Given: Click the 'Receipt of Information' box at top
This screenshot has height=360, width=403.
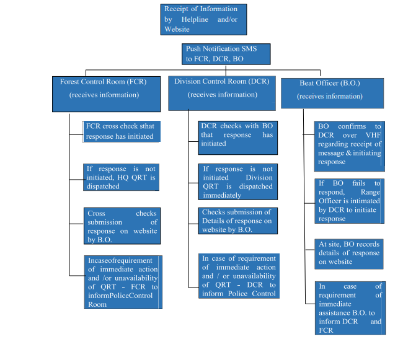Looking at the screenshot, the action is (x=203, y=19).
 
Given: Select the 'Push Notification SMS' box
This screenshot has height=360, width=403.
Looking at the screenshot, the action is (x=226, y=54).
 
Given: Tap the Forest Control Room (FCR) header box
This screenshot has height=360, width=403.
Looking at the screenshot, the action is (x=107, y=94).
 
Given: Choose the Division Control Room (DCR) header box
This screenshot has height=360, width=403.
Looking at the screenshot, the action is (x=222, y=93).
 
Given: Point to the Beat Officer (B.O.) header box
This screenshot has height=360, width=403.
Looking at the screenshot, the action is (x=332, y=93).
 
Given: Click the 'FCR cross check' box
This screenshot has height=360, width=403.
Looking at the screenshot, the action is (x=122, y=131).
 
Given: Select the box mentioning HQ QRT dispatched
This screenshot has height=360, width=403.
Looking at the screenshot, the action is (x=121, y=177).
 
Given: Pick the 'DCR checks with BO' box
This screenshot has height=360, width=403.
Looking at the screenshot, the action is (x=237, y=138).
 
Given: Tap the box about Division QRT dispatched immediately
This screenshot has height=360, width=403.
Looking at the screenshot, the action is (x=237, y=182).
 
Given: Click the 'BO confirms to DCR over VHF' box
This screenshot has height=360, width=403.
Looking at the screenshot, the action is (x=350, y=146).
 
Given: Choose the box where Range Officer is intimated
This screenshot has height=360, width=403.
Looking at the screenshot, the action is (x=349, y=201).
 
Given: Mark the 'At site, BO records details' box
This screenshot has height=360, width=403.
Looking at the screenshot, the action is (x=349, y=254).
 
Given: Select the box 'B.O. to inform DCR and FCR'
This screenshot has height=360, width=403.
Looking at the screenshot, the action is (x=350, y=308).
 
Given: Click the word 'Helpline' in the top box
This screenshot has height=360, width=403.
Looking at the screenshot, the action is (x=195, y=19).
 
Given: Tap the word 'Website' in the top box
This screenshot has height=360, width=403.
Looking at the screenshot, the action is (x=177, y=29).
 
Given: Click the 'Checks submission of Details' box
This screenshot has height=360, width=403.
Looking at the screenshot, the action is (x=237, y=221).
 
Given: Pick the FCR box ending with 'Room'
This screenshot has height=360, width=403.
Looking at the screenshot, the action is (x=123, y=282).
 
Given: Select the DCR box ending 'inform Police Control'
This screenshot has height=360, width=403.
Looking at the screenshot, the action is (x=239, y=276).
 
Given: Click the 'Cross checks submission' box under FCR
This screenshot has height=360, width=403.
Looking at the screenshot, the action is (x=122, y=226).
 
